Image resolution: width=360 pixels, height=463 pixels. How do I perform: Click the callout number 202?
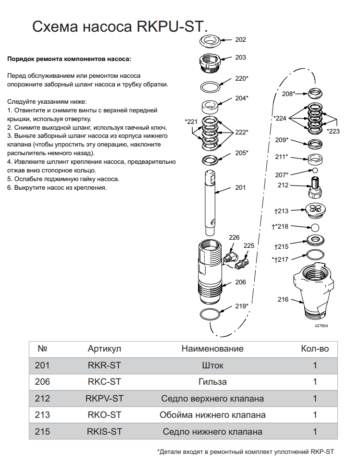pyautogui.click(x=240, y=40)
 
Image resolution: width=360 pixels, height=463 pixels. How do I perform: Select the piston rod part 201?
pyautogui.click(x=212, y=197)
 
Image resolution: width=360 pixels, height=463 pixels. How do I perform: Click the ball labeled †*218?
pyautogui.click(x=315, y=227)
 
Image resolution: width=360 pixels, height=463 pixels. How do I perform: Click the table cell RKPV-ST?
pyautogui.click(x=104, y=399)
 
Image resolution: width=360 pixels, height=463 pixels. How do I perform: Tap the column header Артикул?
pyautogui.click(x=104, y=349)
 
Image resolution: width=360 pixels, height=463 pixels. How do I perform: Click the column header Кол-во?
pyautogui.click(x=315, y=349)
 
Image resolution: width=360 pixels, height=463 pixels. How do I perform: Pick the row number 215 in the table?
pyautogui.click(x=42, y=432)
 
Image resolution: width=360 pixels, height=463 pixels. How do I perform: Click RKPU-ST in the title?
pyautogui.click(x=167, y=27)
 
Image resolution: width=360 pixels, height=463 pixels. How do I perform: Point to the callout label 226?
pyautogui.click(x=234, y=237)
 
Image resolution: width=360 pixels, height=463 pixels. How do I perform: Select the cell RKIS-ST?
pyautogui.click(x=104, y=432)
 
